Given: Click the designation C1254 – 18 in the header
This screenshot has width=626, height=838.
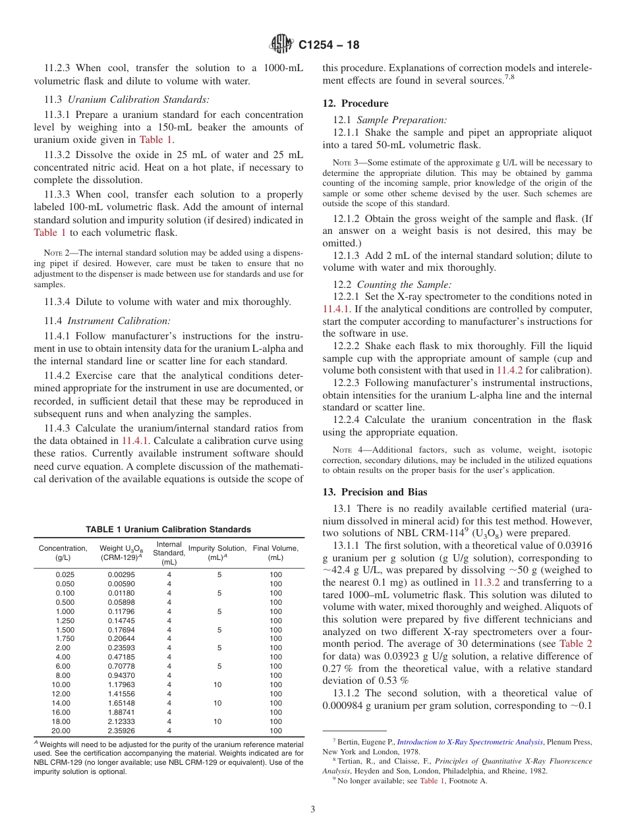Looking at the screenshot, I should coord(329,45).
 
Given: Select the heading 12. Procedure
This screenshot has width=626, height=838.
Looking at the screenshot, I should coord(355,103).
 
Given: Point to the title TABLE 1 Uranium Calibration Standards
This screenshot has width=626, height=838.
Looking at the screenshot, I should coord(168,529).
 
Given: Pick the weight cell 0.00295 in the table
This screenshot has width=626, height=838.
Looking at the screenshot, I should coord(121,574).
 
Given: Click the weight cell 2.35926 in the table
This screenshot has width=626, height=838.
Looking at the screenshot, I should coord(121,731).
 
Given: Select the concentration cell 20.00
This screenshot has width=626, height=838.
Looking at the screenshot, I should coord(61,731).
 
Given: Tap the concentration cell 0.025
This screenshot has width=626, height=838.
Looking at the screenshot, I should coord(65,574).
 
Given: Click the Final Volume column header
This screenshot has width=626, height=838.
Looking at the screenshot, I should coord(275,553).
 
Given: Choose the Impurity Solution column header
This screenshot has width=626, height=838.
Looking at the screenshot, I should coord(217,553).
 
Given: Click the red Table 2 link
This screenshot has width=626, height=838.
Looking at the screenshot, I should coord(575,644).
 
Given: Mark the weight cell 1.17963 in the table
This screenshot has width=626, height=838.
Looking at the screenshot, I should coord(121,684).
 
